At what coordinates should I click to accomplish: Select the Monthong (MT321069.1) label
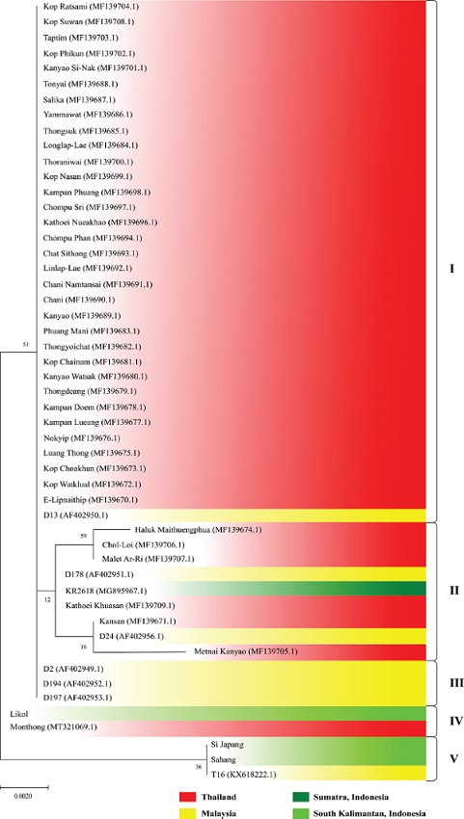tap(53, 726)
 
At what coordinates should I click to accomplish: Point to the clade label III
tap(451, 681)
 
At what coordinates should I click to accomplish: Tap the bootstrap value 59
tap(84, 535)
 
